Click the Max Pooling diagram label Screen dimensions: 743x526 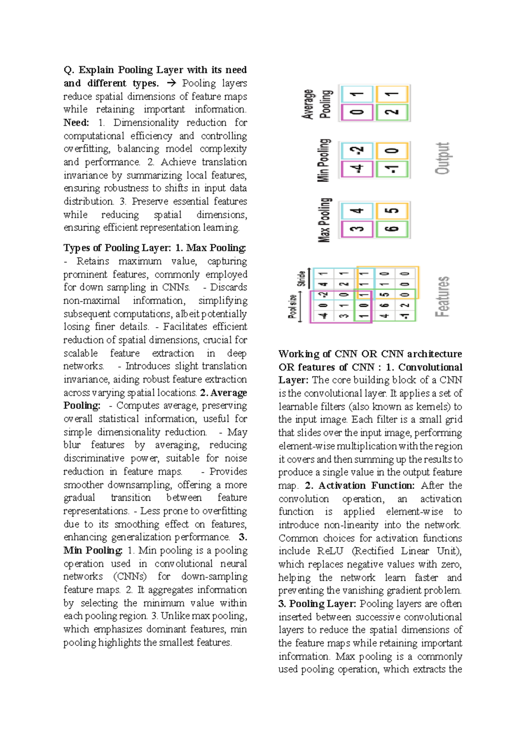tap(324, 220)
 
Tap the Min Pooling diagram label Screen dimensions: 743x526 tap(324, 160)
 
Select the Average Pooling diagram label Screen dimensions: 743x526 tap(317, 104)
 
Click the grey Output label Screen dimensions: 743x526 tap(443, 158)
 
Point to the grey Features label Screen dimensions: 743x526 tap(443, 297)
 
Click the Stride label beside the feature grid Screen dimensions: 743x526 tap(302, 278)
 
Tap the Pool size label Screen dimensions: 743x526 tap(292, 306)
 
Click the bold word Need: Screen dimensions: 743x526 tap(76, 123)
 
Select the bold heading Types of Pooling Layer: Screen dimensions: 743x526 tap(117, 248)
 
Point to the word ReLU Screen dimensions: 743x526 tap(330, 551)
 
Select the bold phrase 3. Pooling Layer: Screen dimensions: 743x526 tap(318, 604)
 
